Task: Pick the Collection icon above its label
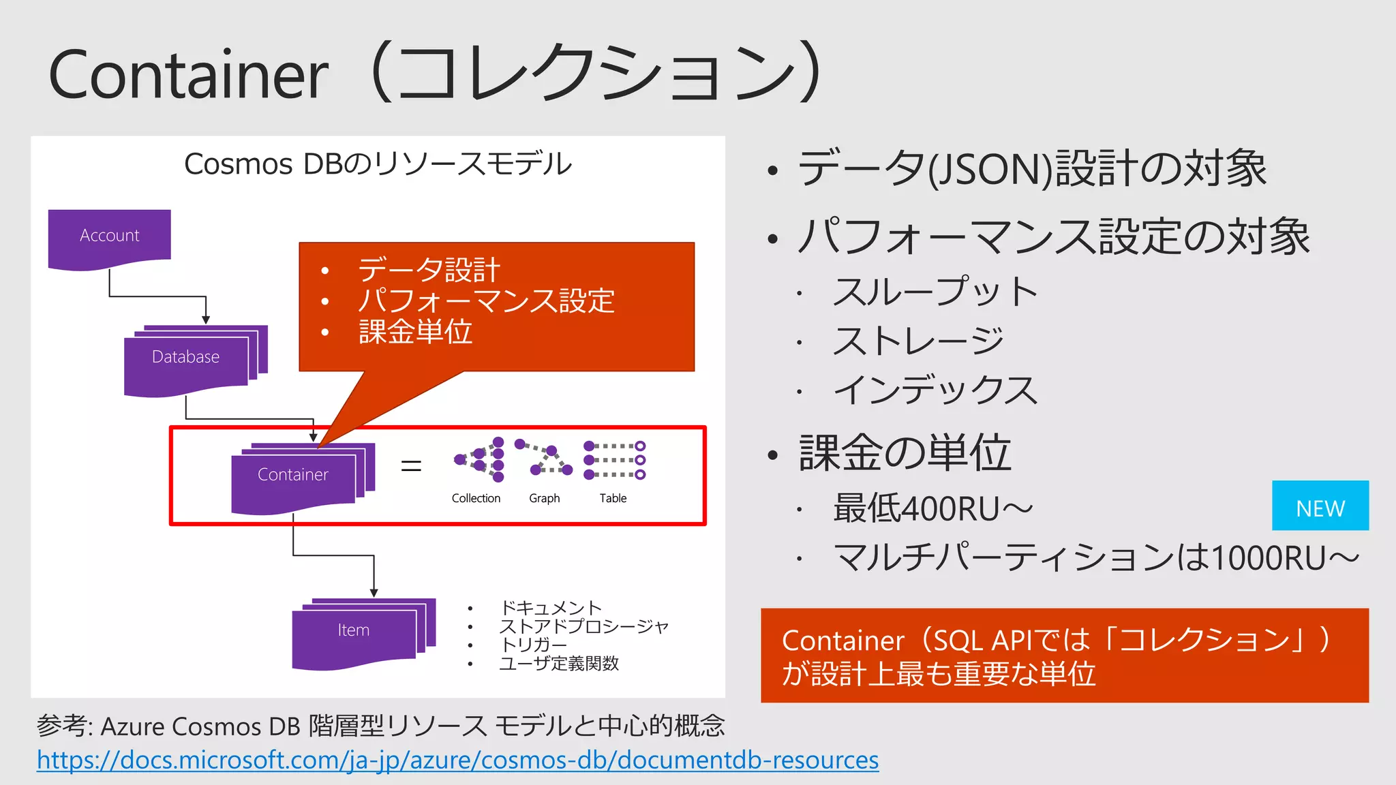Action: pyautogui.click(x=480, y=460)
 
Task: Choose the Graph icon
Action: pyautogui.click(x=543, y=459)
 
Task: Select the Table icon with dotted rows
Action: pyautogui.click(x=614, y=460)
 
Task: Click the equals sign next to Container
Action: pyautogui.click(x=411, y=466)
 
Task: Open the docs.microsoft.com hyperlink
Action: pyautogui.click(x=457, y=760)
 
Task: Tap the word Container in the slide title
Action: pyautogui.click(x=189, y=75)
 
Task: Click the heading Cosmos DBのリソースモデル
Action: pyautogui.click(x=378, y=164)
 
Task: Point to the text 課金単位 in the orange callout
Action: pyautogui.click(x=415, y=333)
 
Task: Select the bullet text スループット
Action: pyautogui.click(x=935, y=292)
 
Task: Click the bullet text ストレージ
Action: pyautogui.click(x=918, y=341)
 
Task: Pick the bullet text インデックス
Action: pyautogui.click(x=935, y=390)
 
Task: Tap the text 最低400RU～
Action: pyautogui.click(x=932, y=509)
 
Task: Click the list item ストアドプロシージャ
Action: pyautogui.click(x=583, y=626)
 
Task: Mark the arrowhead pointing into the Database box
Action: pyautogui.click(x=206, y=320)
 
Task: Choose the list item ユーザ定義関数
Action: pyautogui.click(x=559, y=663)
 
